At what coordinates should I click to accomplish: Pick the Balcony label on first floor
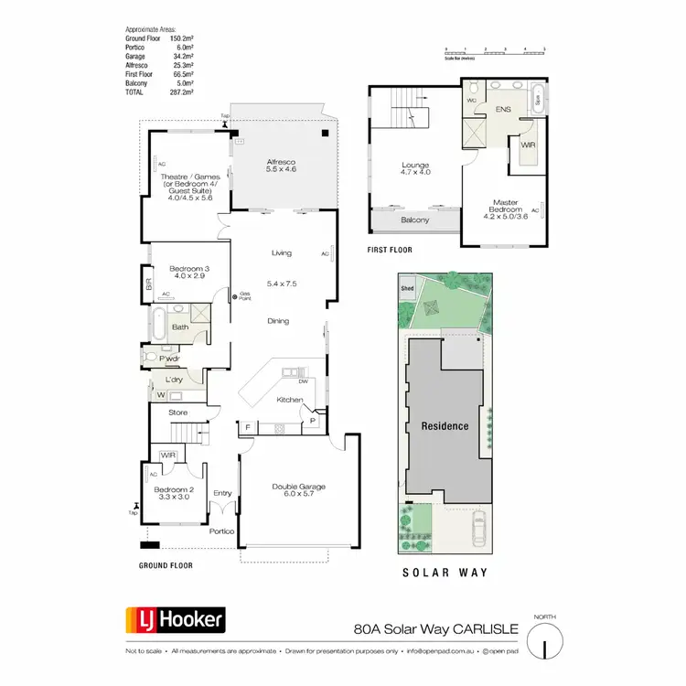pos(415,220)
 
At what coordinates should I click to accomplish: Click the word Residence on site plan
pos(445,426)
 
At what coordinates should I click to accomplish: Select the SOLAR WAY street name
pos(445,573)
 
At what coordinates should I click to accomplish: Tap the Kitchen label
pos(290,400)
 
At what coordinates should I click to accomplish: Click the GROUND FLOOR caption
pos(166,565)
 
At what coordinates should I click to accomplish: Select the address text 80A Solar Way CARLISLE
pos(436,628)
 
